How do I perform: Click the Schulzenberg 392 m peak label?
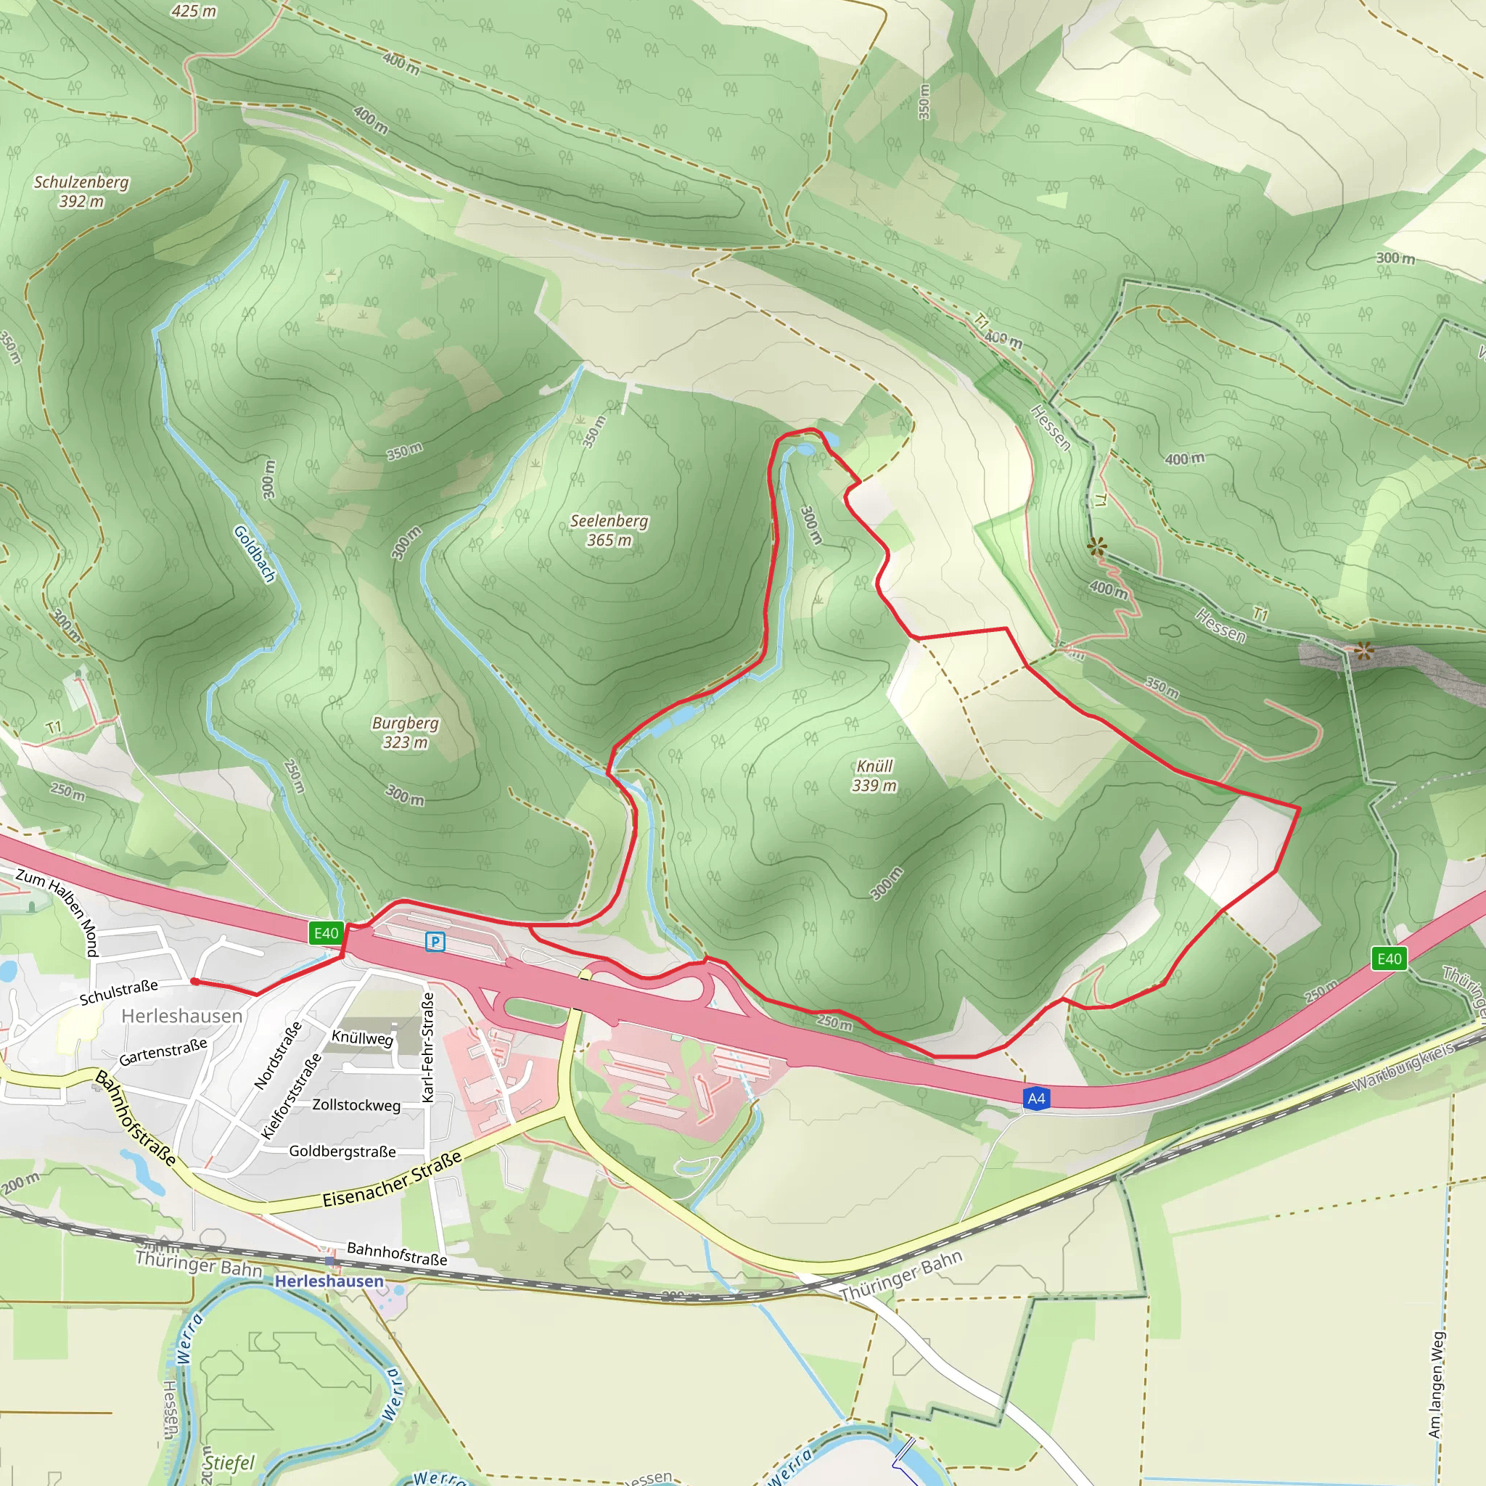(x=81, y=192)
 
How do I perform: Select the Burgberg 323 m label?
(x=405, y=732)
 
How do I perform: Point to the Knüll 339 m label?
(x=874, y=776)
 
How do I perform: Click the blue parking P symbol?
(x=435, y=941)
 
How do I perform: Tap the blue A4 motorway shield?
(x=1036, y=1099)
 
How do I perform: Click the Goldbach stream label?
(x=255, y=554)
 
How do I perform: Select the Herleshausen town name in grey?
(x=181, y=1016)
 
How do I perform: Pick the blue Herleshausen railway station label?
(x=329, y=1281)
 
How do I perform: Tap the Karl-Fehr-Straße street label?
(x=428, y=1047)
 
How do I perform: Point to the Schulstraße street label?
(x=119, y=992)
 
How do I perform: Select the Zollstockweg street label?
(x=356, y=1105)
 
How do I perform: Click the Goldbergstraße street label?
(x=342, y=1152)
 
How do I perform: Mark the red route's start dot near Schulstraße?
(x=195, y=982)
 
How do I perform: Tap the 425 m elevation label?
(x=194, y=11)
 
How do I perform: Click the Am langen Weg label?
(x=1436, y=1384)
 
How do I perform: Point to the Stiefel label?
(x=229, y=1462)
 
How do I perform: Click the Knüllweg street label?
(x=361, y=1038)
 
